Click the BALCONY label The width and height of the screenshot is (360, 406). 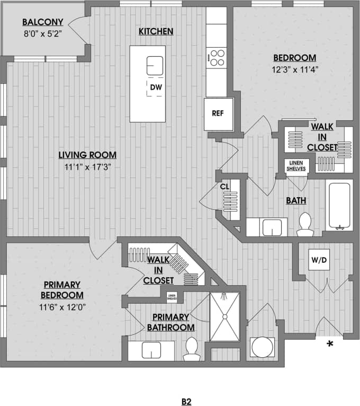[43, 22]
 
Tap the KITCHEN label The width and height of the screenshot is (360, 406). [156, 32]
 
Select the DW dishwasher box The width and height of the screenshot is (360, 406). [155, 87]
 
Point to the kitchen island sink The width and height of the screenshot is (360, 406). [155, 66]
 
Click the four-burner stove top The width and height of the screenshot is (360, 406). [217, 57]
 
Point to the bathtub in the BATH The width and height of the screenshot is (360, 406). [339, 206]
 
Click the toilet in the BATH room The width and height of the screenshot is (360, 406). [305, 224]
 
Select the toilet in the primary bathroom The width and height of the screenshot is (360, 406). [191, 349]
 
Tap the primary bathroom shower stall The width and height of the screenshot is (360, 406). [224, 316]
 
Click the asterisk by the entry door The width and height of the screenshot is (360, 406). [330, 345]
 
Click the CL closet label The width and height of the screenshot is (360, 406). [224, 187]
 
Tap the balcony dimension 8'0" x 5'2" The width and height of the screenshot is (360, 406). [43, 33]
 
